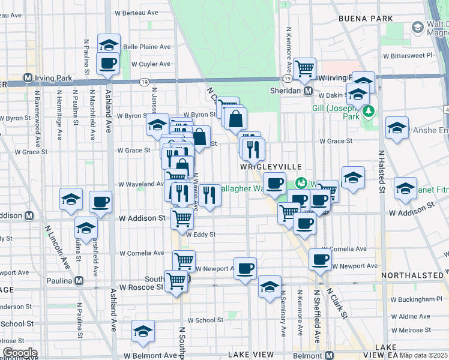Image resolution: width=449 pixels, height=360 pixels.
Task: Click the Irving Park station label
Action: pyautogui.click(x=47, y=78)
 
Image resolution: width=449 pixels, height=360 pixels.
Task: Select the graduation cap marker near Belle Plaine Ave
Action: pyautogui.click(x=109, y=44)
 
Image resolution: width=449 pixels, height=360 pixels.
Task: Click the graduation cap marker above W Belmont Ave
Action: pyautogui.click(x=143, y=331)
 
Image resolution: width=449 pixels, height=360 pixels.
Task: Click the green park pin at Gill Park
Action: pyautogui.click(x=369, y=110)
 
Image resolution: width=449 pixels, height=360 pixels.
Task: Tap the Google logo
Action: pyautogui.click(x=19, y=353)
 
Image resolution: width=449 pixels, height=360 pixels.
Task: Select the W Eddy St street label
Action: pyautogui.click(x=200, y=235)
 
